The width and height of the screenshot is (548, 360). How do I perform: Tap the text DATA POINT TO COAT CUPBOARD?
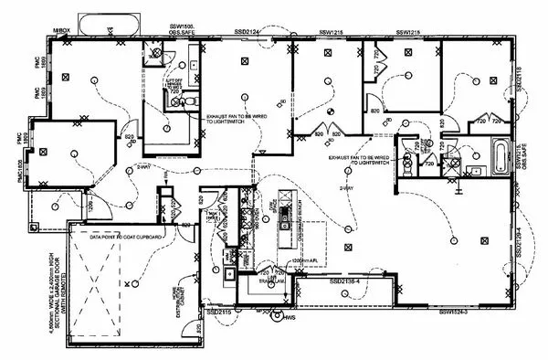(126, 237)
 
